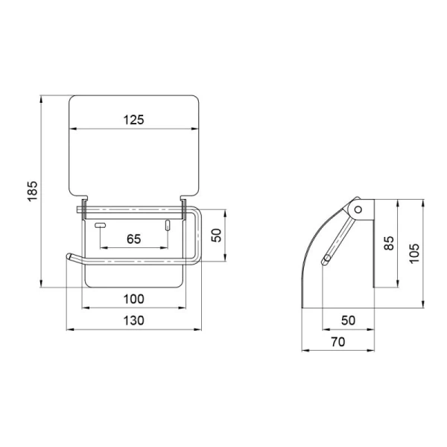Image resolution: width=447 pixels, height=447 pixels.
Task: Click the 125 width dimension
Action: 133,120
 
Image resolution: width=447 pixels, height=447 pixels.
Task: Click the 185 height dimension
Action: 33,191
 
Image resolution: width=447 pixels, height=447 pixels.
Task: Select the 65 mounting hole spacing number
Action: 133,239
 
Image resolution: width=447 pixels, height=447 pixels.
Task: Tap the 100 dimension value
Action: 133,299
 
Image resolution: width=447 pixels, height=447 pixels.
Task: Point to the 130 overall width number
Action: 133,320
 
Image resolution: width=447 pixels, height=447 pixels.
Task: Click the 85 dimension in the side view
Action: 389,243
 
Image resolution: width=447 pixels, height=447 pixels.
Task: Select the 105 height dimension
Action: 414,253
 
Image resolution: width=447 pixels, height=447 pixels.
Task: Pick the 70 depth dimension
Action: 338,341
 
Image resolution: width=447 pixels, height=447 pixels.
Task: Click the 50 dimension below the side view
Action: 348,320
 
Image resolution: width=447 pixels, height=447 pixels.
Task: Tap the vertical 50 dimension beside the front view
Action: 217,235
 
